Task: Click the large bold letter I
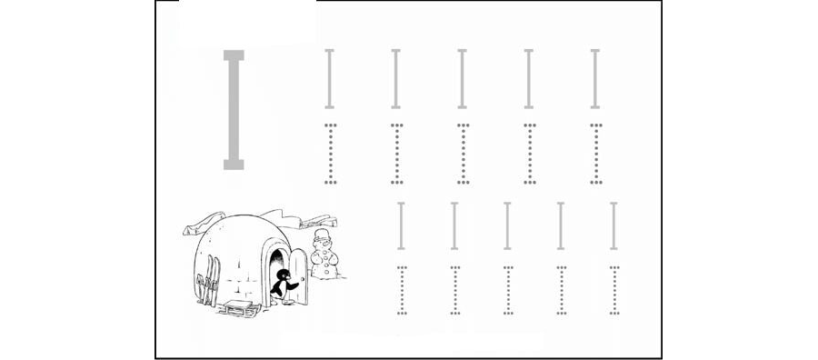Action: [x=234, y=110]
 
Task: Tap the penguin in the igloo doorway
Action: [x=283, y=284]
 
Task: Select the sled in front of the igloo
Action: [x=238, y=308]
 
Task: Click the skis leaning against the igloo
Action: [x=208, y=280]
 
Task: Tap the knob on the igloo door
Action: [x=303, y=280]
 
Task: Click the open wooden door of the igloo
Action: [x=298, y=276]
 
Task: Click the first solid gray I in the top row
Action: [x=329, y=79]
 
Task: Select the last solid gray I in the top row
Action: [x=595, y=79]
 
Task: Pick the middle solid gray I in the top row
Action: [x=463, y=79]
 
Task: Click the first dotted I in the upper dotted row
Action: [x=330, y=154]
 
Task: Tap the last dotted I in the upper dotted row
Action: [x=596, y=154]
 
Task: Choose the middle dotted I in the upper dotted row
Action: [x=464, y=154]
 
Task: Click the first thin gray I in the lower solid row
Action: [x=401, y=226]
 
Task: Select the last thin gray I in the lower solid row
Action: [x=613, y=226]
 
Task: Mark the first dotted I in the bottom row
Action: [x=402, y=291]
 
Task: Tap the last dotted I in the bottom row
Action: [x=614, y=291]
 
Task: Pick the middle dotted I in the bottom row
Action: [x=508, y=291]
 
